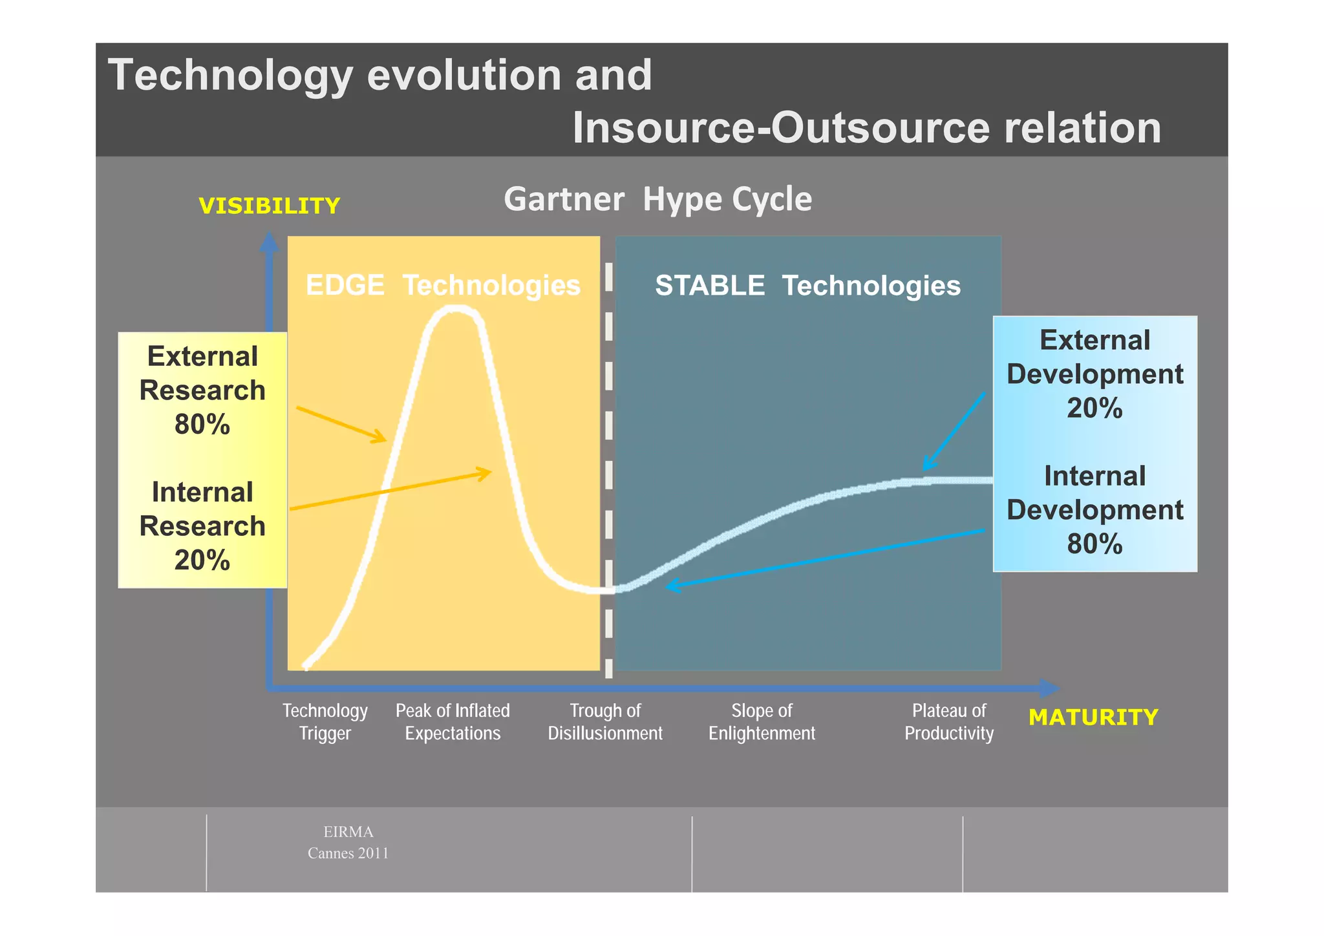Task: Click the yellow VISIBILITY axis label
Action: click(x=269, y=206)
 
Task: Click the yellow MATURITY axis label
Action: click(x=1093, y=718)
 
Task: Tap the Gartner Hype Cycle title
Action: click(x=657, y=199)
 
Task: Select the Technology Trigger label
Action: click(x=325, y=722)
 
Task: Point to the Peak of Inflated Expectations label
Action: click(x=453, y=722)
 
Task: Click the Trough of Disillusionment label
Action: click(x=605, y=722)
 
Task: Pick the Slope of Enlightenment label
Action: click(x=762, y=722)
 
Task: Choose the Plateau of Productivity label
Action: click(x=948, y=722)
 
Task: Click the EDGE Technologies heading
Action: click(x=443, y=285)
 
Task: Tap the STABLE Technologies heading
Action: click(x=807, y=285)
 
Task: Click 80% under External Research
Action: click(x=202, y=425)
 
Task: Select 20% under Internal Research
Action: click(x=202, y=560)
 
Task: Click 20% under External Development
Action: click(x=1094, y=409)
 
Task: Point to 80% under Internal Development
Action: click(x=1094, y=544)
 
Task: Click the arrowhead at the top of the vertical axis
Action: click(x=269, y=242)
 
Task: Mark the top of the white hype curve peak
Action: click(x=456, y=309)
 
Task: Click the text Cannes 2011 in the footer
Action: click(x=348, y=853)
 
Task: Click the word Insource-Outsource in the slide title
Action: click(x=781, y=127)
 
